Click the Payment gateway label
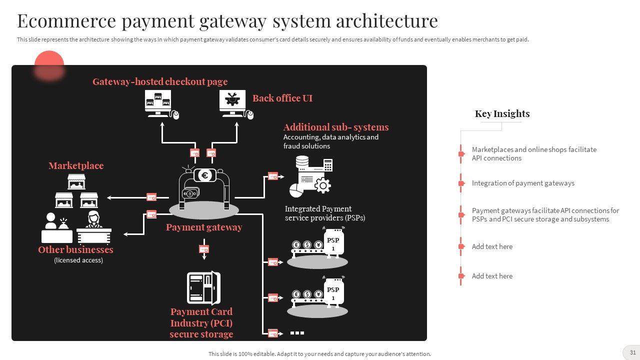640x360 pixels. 204,227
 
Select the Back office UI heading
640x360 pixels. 282,98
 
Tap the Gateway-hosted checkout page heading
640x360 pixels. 160,81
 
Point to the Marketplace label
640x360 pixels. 76,165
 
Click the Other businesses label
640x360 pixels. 75,249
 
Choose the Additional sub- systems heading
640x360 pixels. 336,127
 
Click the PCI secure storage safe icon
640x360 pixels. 203,288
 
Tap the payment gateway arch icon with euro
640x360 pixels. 204,187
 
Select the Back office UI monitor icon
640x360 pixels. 233,102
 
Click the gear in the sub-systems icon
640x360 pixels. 322,186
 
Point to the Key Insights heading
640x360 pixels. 502,113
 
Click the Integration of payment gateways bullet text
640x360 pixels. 523,183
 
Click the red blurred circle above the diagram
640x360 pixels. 49,65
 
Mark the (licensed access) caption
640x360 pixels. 78,260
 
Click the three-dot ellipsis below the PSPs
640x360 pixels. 297,332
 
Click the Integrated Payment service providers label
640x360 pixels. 325,213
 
